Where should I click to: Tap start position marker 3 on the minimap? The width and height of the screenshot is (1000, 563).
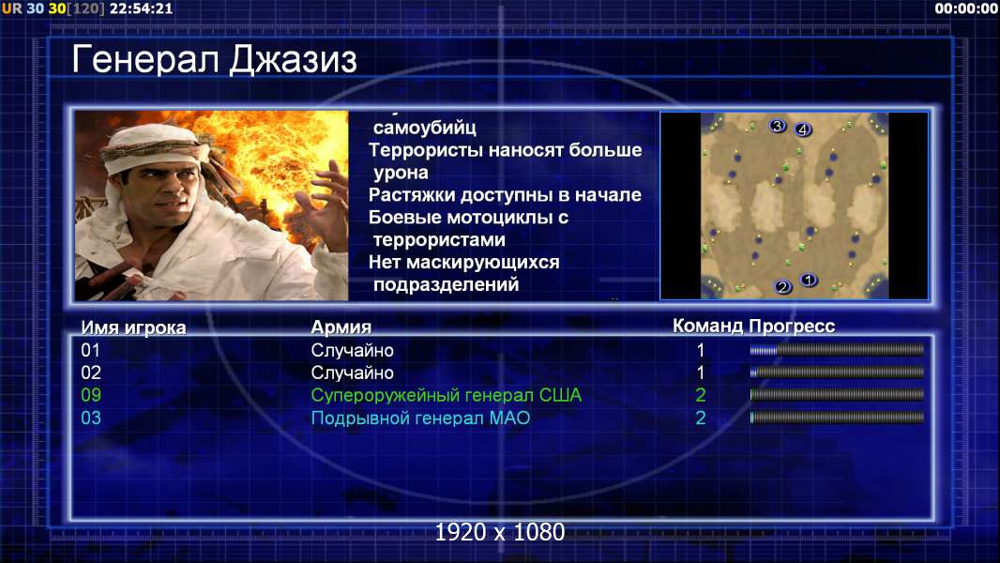777,126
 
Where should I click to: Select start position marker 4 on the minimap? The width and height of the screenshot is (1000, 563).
802,130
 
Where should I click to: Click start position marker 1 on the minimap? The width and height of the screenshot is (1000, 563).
808,280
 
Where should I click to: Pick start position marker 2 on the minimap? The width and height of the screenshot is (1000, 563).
782,287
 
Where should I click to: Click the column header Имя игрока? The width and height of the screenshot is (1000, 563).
133,327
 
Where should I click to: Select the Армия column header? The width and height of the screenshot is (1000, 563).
341,327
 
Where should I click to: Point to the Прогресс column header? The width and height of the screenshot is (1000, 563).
792,326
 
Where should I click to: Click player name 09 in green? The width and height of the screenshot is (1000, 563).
91,395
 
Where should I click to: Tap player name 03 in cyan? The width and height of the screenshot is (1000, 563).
91,418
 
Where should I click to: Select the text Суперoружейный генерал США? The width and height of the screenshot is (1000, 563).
447,395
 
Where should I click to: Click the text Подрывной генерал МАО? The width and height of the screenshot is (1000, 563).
420,418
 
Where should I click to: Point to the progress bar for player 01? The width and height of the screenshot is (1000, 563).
837,350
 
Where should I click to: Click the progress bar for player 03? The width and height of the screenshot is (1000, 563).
837,418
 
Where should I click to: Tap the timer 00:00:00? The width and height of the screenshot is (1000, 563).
965,8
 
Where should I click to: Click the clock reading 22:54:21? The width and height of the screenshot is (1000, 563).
141,8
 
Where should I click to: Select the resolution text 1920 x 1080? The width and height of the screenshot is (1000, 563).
500,532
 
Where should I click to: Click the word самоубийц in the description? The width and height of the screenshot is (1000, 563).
425,128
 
